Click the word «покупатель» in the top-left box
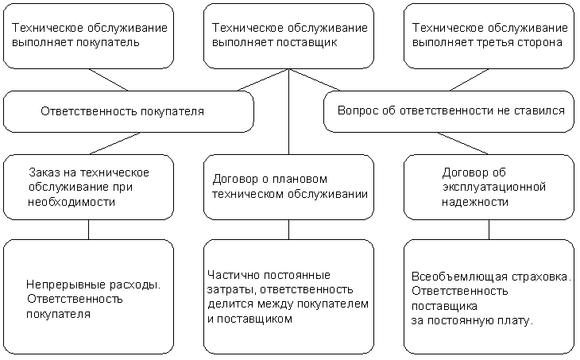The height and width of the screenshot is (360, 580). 107,43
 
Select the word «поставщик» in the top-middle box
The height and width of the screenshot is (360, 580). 307,43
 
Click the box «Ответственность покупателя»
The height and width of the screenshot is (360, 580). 129,111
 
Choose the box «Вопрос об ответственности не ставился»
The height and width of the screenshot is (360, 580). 449,111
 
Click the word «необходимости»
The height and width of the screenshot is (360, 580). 72,203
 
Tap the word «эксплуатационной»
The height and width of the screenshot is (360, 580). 494,188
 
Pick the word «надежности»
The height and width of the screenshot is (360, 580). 475,203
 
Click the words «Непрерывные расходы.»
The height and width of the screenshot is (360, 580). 93,285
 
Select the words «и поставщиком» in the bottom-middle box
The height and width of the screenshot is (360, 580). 249,319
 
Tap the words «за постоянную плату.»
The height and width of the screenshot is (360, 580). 472,321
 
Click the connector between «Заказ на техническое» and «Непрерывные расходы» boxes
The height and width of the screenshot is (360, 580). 89,230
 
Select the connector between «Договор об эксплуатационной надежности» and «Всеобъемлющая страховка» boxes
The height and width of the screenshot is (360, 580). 489,230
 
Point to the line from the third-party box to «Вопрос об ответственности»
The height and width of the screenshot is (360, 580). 469,79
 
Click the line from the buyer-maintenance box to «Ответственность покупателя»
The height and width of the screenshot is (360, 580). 108,79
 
